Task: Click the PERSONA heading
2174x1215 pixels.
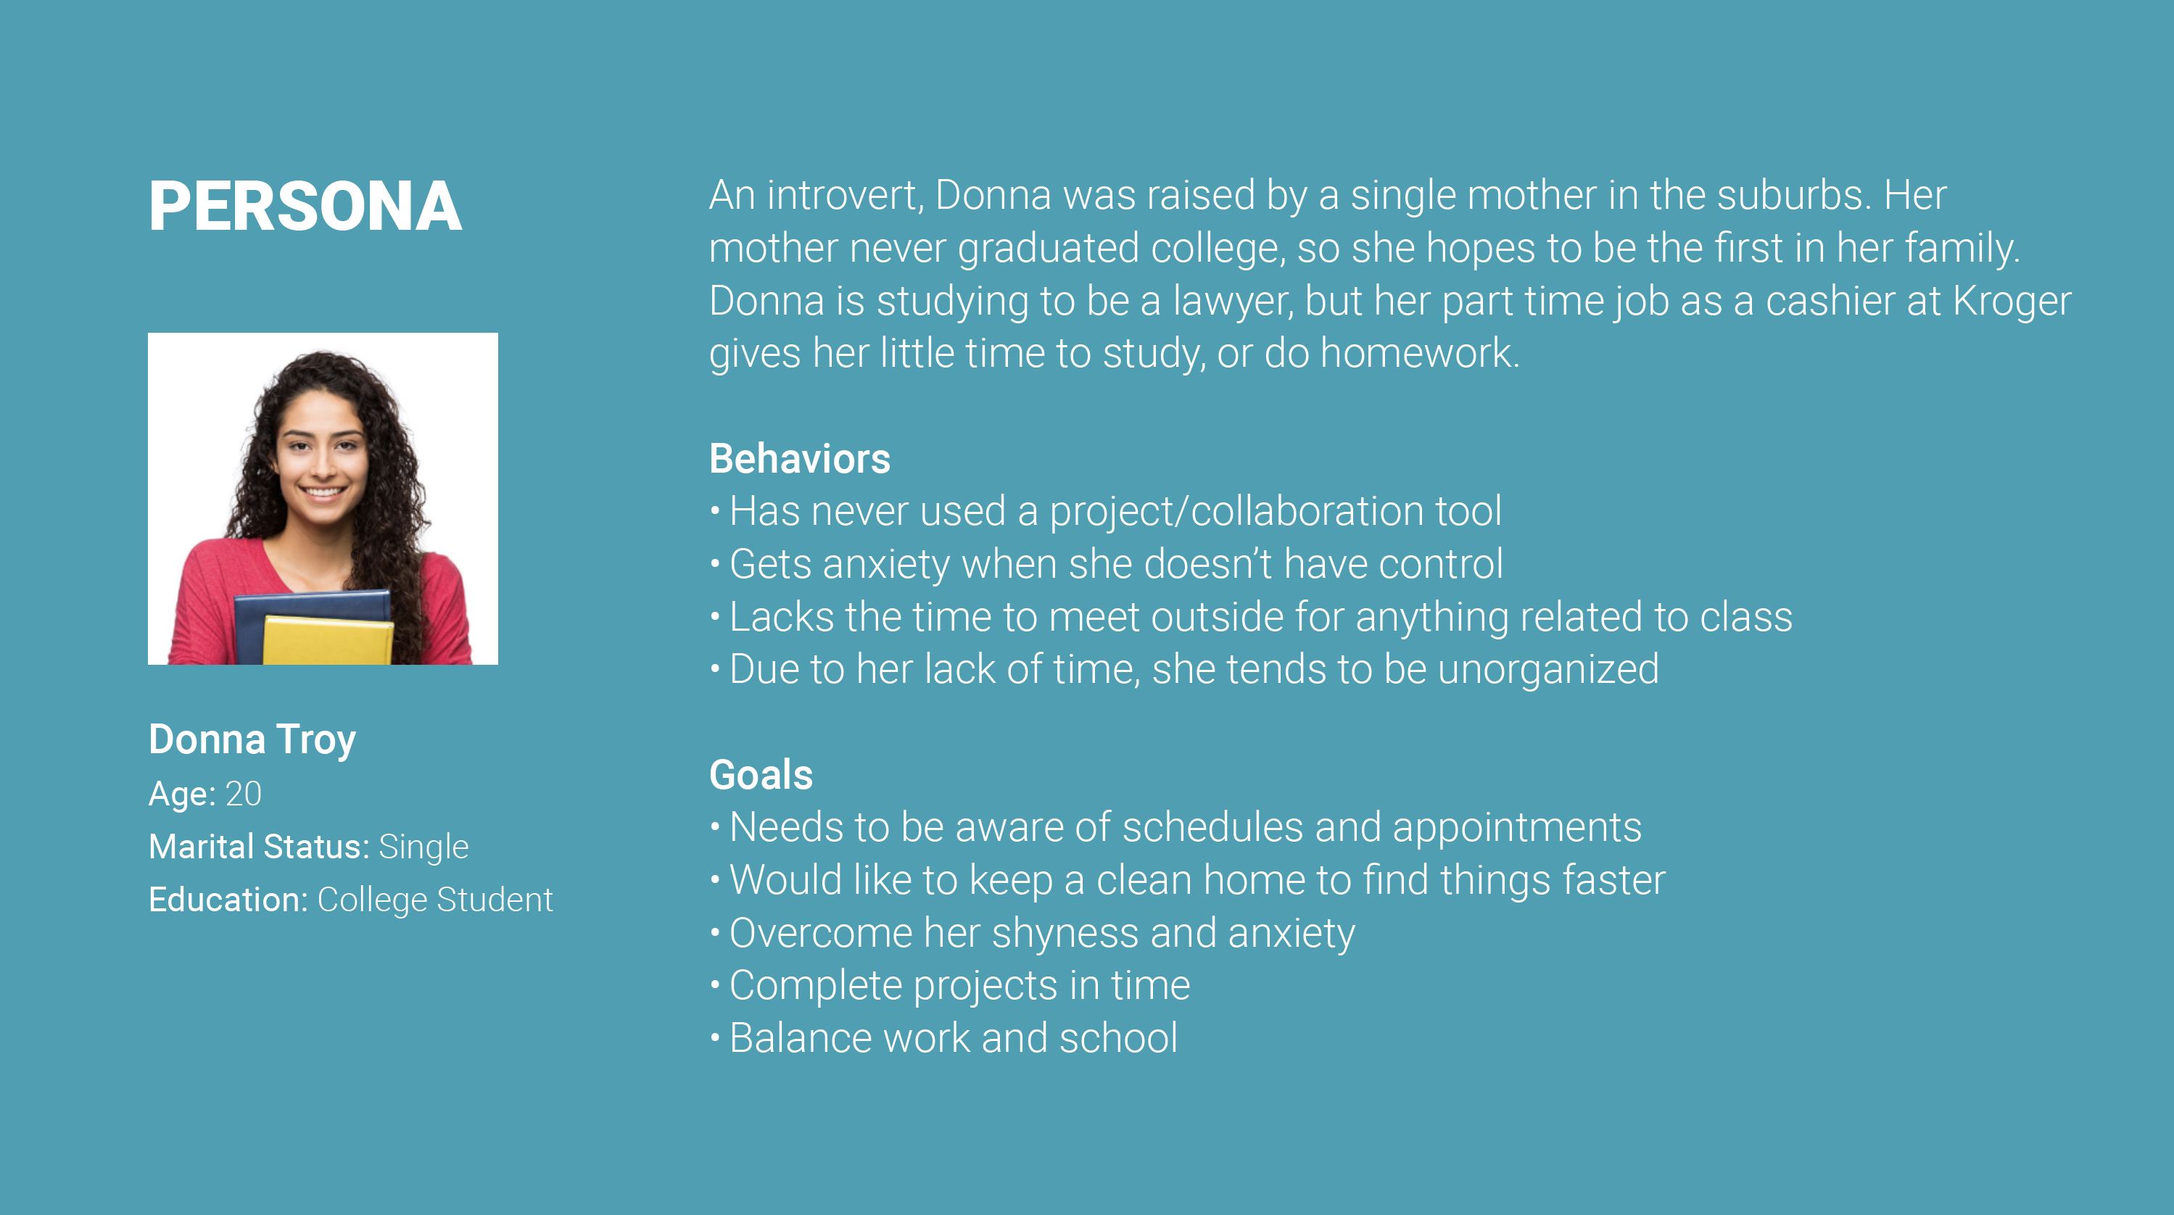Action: pyautogui.click(x=305, y=206)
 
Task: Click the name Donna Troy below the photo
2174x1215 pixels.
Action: pyautogui.click(x=252, y=740)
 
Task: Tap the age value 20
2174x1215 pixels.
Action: pyautogui.click(x=243, y=794)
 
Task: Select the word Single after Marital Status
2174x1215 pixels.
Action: pyautogui.click(x=423, y=847)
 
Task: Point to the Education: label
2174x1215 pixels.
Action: pyautogui.click(x=228, y=900)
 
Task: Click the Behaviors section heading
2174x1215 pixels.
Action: pyautogui.click(x=799, y=458)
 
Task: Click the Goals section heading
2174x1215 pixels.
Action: pyautogui.click(x=761, y=774)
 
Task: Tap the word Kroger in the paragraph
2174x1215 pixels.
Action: pyautogui.click(x=2012, y=302)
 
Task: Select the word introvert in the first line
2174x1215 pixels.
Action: pyautogui.click(x=845, y=196)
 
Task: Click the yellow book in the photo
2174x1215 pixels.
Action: pyautogui.click(x=328, y=640)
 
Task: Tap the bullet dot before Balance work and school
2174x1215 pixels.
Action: pyautogui.click(x=715, y=1037)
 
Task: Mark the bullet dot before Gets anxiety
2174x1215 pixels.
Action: pyautogui.click(x=715, y=563)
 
